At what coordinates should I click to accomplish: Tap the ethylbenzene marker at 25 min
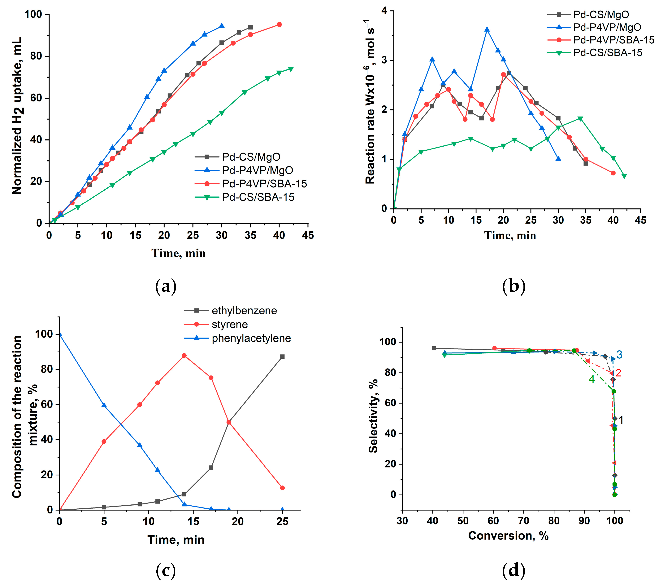[282, 357]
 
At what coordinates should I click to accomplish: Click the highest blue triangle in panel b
[487, 29]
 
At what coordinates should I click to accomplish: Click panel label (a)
[166, 286]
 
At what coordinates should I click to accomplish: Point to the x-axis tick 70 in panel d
[524, 521]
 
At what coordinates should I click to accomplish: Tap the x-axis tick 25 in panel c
[282, 522]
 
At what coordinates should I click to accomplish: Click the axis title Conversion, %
[508, 536]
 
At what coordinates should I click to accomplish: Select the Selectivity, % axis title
[373, 416]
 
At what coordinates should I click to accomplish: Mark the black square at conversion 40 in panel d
[434, 348]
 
